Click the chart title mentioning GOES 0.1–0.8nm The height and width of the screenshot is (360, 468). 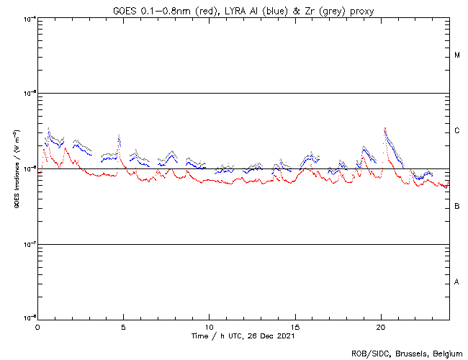(x=243, y=10)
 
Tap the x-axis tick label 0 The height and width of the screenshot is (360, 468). (x=37, y=326)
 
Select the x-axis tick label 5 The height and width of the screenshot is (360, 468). (x=123, y=326)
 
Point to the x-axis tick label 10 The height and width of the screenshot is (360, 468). (x=210, y=326)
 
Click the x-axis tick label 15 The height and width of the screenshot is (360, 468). (x=295, y=326)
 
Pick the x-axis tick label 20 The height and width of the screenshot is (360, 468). (x=381, y=326)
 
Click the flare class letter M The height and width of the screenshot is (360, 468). (x=457, y=55)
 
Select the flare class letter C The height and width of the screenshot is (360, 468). (x=457, y=131)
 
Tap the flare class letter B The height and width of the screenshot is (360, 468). (x=457, y=207)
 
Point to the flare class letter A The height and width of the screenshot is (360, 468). (x=457, y=282)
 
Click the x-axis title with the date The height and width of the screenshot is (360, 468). (x=243, y=336)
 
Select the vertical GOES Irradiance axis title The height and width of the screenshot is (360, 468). (x=15, y=168)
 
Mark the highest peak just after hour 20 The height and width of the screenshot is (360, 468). (x=385, y=128)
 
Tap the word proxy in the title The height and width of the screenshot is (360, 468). (x=360, y=10)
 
